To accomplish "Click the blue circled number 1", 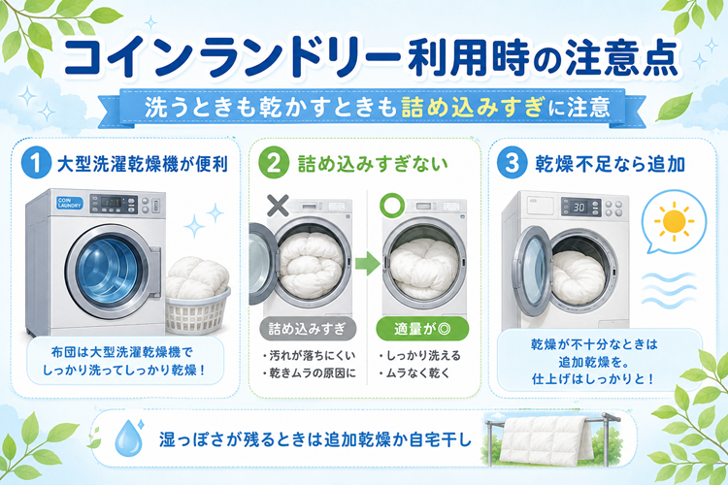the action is point(36,163).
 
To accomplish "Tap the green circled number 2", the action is point(274,163).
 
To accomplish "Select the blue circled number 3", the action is point(512,163).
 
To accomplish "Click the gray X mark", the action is point(278,206).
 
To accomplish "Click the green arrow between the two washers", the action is point(368,263).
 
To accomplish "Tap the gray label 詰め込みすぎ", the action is point(308,329).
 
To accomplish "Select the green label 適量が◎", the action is point(422,329).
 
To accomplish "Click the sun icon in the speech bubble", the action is point(675,221).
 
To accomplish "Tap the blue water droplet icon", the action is point(128,437).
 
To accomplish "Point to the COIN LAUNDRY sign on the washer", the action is point(70,203).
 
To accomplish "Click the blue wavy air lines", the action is point(669,290).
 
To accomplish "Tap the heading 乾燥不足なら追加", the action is point(611,164).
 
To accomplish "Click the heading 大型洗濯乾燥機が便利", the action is point(142,164).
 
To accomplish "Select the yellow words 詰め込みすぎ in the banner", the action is point(472,108).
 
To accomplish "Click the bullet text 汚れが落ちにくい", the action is point(309,356).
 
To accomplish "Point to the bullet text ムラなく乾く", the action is point(414,373).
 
